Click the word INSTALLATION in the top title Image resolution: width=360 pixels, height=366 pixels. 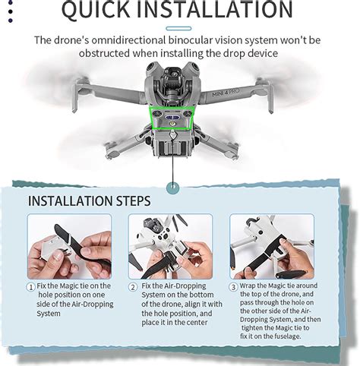(x=220, y=11)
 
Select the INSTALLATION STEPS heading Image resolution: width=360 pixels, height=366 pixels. (x=89, y=201)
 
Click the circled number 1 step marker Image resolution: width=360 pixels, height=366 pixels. (x=31, y=286)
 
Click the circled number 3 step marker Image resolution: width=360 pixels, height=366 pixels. (x=235, y=286)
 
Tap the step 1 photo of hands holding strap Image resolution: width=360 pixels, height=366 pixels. (x=69, y=247)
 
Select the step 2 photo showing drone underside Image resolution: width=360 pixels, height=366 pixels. (x=170, y=247)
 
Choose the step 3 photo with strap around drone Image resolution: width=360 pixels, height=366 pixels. (x=272, y=247)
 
